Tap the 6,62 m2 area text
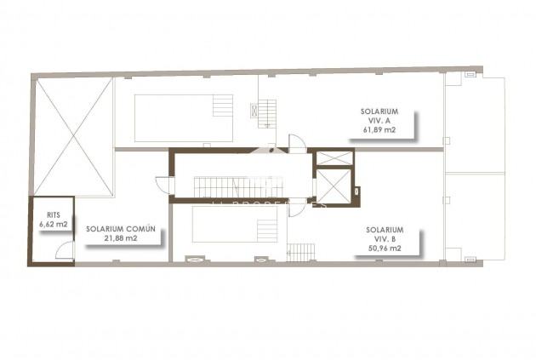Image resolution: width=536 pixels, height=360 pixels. tap(52, 225)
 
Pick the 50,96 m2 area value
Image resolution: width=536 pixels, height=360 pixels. tap(385, 249)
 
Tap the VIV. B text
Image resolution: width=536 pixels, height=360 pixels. tap(385, 239)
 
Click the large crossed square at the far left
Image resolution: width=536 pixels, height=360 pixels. tap(72, 136)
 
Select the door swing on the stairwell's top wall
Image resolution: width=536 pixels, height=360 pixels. tap(297, 143)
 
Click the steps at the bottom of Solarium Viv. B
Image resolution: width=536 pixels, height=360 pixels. tap(301, 252)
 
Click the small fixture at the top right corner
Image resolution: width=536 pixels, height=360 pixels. tap(469, 76)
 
